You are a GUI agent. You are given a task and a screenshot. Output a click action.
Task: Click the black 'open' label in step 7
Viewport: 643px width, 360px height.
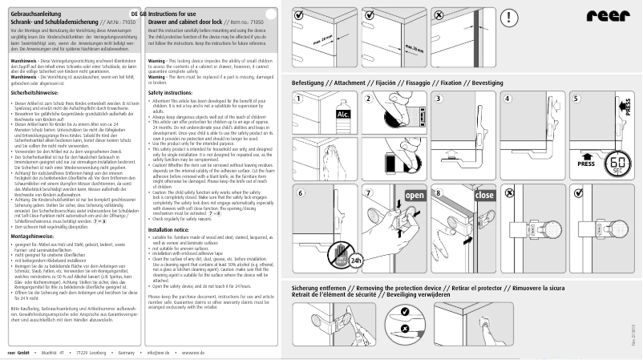pyautogui.click(x=415, y=196)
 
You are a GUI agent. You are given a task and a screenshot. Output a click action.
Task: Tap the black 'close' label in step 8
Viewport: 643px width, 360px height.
pyautogui.click(x=485, y=196)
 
